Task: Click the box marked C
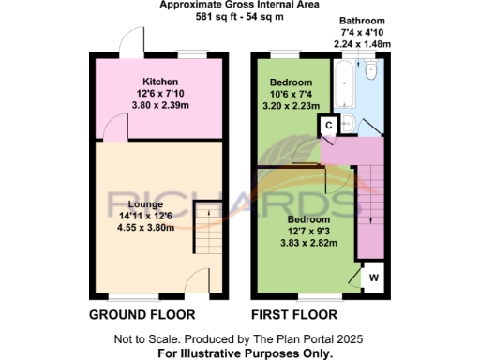pos(330,125)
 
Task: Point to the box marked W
pos(372,277)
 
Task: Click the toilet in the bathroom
pos(371,71)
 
